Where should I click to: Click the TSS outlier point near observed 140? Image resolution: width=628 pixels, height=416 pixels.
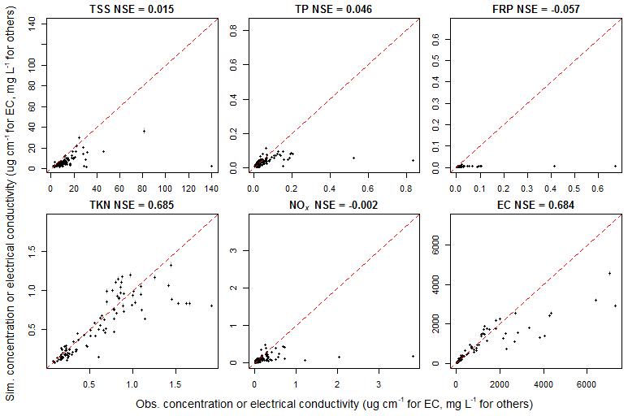(211, 166)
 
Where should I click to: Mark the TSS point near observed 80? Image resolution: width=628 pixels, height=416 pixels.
(144, 131)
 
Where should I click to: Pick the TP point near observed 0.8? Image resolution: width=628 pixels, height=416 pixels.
(413, 160)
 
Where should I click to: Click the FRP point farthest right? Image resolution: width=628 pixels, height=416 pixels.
(615, 166)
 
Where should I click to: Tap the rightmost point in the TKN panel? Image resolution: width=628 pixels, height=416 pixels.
(211, 305)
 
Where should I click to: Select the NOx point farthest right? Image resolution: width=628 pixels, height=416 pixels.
(413, 356)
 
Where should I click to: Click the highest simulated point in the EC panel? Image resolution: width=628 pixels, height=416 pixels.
(609, 273)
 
